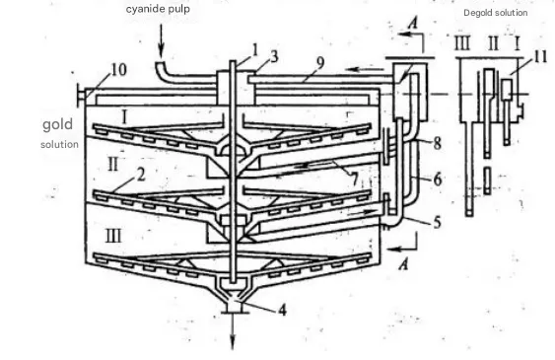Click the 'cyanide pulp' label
point(160,10)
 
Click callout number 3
point(273,56)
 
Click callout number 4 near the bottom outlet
point(283,308)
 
